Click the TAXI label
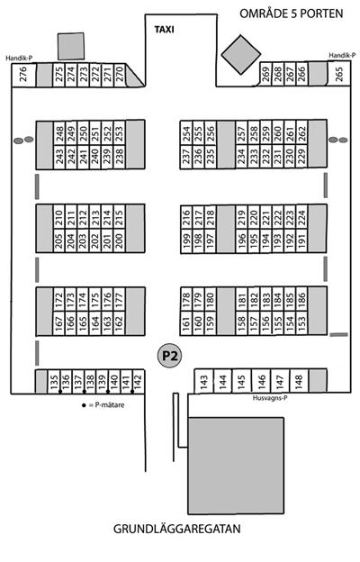point(165,30)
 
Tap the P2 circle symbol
point(169,356)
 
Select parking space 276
point(23,75)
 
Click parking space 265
point(338,74)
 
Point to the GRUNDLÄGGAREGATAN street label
point(177,529)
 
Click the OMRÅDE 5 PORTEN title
point(292,14)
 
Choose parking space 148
point(299,381)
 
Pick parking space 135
point(54,381)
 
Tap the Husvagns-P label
point(270,398)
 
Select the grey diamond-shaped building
point(240,54)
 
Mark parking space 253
point(120,132)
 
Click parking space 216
point(186,218)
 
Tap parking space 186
point(302,299)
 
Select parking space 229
point(302,157)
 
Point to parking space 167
point(59,322)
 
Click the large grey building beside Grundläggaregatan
point(236,466)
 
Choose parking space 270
point(120,75)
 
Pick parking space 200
point(120,240)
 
